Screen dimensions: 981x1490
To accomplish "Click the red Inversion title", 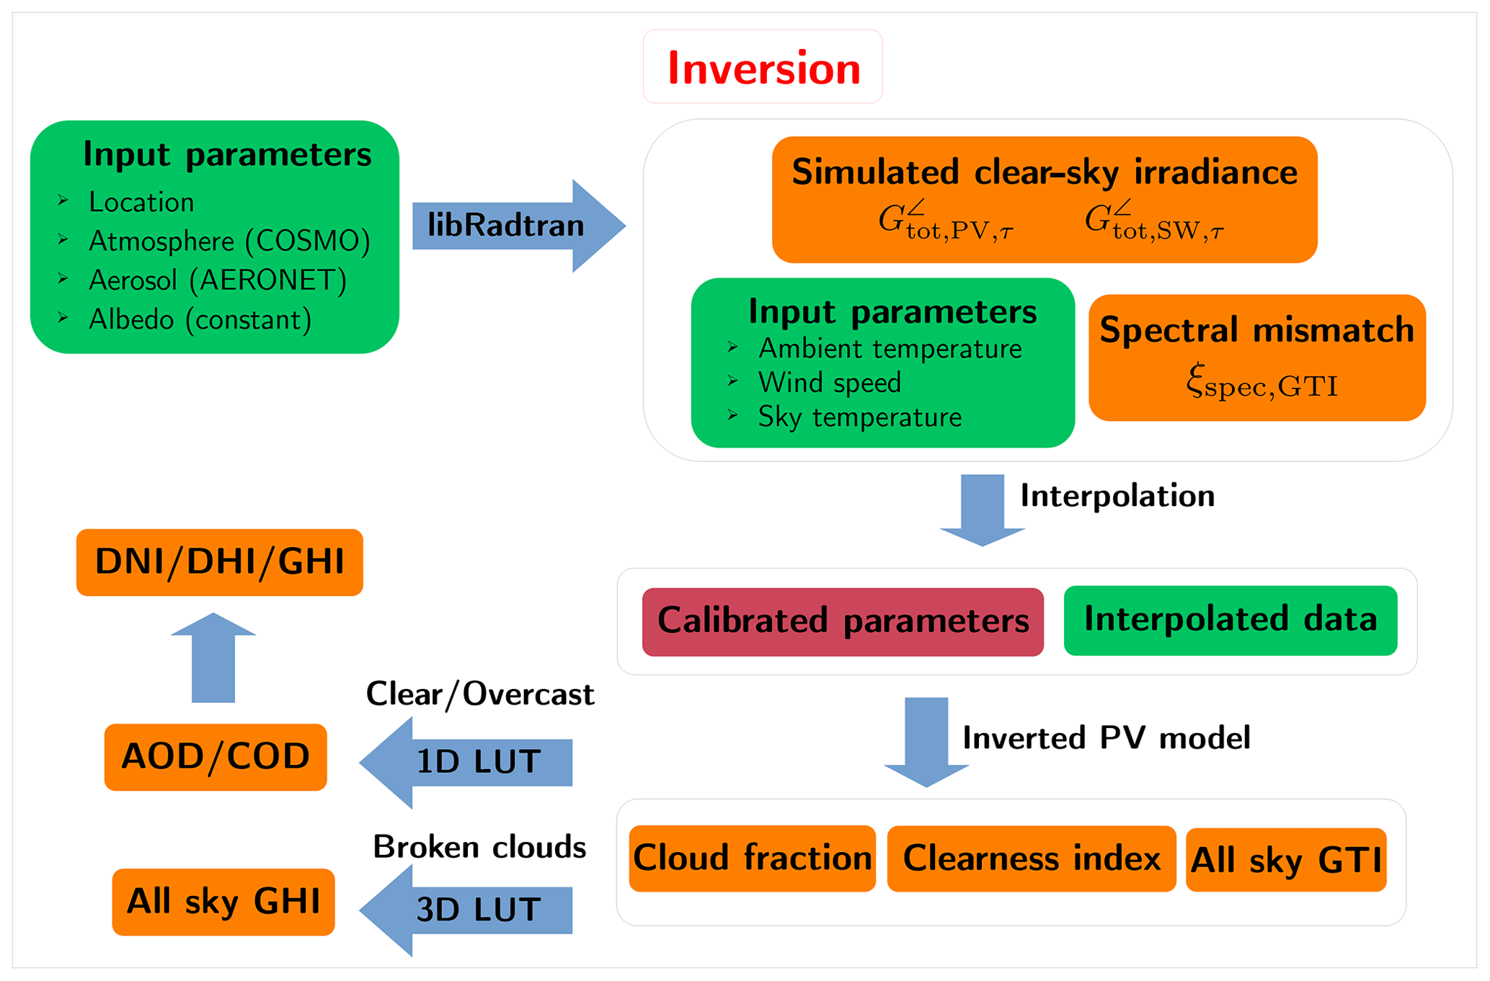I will point(763,68).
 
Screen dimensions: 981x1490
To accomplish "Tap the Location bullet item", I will point(141,203).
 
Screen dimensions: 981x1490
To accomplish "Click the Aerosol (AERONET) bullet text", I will point(217,280).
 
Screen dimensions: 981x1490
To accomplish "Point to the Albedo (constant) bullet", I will point(200,319).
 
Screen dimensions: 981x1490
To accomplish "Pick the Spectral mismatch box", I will point(1256,358).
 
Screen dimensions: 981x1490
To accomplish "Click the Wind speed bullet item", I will point(829,383).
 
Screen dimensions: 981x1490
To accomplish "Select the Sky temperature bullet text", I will point(859,417).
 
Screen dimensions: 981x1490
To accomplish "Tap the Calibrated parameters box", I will point(843,621).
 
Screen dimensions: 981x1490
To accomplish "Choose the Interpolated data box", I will point(1230,620).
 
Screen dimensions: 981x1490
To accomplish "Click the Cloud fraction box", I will point(752,858).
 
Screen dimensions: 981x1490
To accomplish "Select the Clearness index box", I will point(1031,858).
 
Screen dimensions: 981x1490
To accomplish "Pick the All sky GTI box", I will point(1285,860).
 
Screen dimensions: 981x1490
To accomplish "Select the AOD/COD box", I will point(216,757).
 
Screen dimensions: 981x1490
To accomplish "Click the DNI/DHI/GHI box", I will point(219,562).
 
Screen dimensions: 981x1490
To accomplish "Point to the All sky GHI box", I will point(223,902).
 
